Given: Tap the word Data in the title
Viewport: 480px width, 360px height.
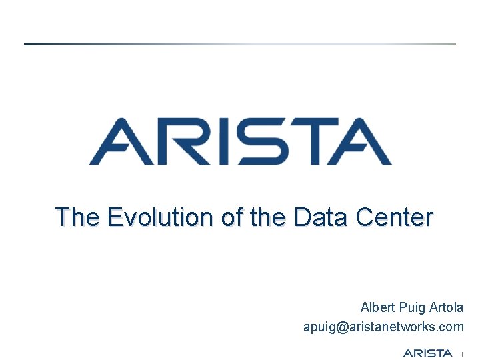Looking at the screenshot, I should [319, 217].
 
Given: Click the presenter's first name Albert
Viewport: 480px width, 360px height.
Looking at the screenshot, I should [378, 308].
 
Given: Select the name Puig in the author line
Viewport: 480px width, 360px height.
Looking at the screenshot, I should [414, 308].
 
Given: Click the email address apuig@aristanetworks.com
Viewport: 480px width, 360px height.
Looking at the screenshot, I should [383, 327].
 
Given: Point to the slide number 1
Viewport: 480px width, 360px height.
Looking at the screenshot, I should [461, 353].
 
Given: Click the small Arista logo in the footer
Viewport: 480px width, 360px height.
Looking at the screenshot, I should [428, 353].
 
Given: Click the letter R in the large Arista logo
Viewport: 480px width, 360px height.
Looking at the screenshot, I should [177, 141].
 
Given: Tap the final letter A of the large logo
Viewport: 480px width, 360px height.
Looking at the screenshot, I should [360, 141].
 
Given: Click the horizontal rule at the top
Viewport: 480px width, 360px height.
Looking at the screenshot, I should [240, 44].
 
